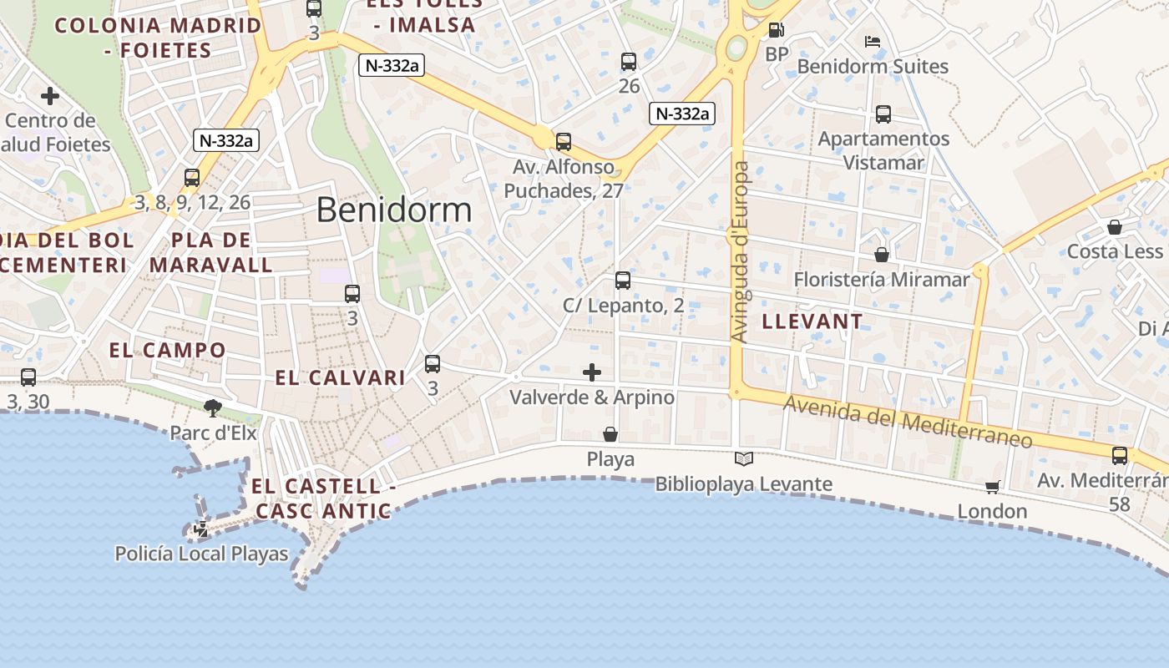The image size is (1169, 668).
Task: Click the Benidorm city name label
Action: (x=394, y=210)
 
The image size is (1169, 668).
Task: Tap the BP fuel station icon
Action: (x=776, y=31)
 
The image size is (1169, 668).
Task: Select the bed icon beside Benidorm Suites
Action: (x=873, y=41)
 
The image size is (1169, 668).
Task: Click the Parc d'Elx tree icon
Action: (x=213, y=407)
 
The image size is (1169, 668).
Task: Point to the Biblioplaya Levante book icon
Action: (x=743, y=458)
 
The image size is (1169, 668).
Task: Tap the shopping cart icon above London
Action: (x=992, y=486)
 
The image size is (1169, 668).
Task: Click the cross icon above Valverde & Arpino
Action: (x=592, y=372)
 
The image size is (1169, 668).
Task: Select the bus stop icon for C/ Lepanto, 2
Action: (x=623, y=281)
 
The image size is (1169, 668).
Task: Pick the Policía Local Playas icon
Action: (x=201, y=529)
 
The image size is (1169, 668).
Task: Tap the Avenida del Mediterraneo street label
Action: (x=908, y=421)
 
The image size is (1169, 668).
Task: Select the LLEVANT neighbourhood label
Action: (x=812, y=321)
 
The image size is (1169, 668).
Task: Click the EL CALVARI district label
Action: (x=341, y=378)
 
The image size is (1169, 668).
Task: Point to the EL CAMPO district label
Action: (x=168, y=350)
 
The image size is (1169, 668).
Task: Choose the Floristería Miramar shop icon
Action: (x=882, y=254)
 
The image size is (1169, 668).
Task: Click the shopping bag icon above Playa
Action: (x=610, y=434)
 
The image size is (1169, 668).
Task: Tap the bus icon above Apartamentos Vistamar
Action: (x=883, y=114)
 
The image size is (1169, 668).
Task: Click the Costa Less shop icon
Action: (x=1114, y=227)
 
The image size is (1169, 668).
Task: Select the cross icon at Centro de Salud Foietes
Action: (x=50, y=96)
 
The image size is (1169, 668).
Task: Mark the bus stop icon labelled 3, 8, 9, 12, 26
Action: (x=192, y=177)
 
